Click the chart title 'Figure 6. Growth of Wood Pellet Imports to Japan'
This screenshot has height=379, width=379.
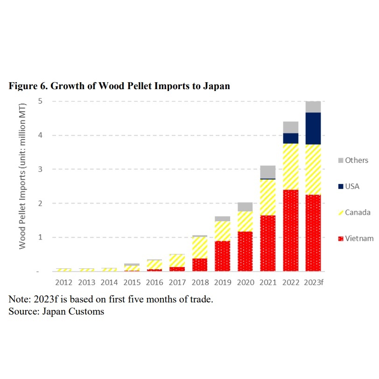119,86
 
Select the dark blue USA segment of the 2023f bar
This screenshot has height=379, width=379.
313,128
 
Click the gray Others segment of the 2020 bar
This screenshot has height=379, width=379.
245,207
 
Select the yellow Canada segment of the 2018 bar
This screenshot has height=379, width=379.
199,248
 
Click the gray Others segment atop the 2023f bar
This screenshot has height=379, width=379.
313,107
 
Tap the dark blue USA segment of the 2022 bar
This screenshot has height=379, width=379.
290,138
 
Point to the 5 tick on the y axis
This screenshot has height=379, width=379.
40,101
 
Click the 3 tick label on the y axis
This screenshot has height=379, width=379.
40,169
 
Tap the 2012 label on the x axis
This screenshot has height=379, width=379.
63,282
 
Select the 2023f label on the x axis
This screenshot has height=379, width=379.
314,282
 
